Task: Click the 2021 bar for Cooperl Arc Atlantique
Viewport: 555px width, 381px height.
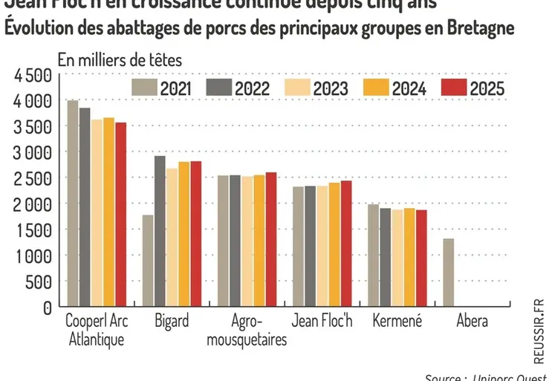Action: [x=73, y=203]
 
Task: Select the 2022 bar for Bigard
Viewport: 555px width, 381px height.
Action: [x=160, y=231]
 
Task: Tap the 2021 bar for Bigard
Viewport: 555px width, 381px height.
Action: [x=148, y=261]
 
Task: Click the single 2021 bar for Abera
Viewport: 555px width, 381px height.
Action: [x=448, y=272]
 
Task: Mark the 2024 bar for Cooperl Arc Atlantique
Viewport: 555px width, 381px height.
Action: [x=109, y=212]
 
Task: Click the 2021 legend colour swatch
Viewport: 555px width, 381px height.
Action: [x=145, y=88]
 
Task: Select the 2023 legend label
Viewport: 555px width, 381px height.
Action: [x=331, y=88]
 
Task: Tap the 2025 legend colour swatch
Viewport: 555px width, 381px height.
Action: [x=453, y=88]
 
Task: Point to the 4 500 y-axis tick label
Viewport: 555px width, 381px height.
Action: [x=30, y=75]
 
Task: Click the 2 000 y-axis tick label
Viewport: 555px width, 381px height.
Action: [x=30, y=204]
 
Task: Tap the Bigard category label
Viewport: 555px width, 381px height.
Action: [x=172, y=322]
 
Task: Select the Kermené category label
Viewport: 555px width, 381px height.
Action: [x=397, y=322]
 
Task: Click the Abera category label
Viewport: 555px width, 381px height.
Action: [x=473, y=322]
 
